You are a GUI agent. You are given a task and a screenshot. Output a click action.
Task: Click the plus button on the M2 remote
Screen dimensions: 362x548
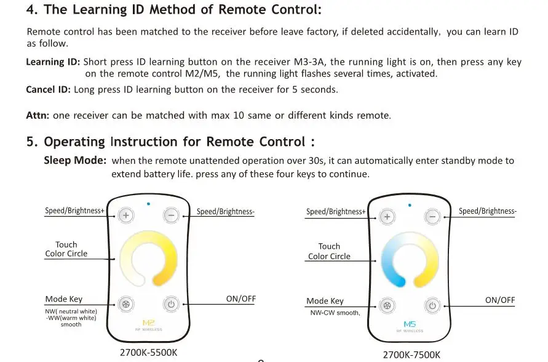point(126,215)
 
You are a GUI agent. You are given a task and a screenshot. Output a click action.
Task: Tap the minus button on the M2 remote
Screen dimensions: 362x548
point(171,215)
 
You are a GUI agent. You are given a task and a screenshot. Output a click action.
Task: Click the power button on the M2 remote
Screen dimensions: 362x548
point(171,304)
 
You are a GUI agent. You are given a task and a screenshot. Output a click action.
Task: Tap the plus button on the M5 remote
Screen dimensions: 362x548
point(387,217)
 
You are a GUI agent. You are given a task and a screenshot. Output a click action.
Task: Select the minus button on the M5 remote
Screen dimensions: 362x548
point(432,217)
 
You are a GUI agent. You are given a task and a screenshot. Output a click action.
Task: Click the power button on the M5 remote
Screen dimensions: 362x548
point(432,305)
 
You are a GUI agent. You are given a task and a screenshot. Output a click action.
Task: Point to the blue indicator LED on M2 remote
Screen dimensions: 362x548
point(148,202)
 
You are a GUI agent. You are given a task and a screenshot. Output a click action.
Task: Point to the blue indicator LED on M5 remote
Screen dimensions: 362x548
point(410,204)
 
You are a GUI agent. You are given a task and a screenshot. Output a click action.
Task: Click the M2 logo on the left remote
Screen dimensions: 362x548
point(148,323)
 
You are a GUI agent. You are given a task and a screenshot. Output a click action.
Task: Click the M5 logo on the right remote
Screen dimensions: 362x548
point(410,324)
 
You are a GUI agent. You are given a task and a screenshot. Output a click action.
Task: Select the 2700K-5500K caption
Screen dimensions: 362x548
point(148,353)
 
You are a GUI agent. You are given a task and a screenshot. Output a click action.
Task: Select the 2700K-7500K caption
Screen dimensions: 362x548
point(411,355)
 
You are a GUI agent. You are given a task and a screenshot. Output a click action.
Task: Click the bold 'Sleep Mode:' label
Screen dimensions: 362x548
point(75,161)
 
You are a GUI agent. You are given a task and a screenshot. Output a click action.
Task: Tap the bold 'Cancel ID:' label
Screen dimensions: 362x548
point(48,90)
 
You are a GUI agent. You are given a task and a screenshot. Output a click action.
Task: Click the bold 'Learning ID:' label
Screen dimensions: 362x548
point(53,62)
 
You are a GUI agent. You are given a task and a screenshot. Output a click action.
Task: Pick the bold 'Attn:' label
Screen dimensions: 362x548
point(38,115)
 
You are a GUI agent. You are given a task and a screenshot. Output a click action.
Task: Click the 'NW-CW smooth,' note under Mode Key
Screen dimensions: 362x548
point(335,313)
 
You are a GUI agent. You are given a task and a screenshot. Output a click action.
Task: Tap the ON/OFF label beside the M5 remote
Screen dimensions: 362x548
point(499,300)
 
